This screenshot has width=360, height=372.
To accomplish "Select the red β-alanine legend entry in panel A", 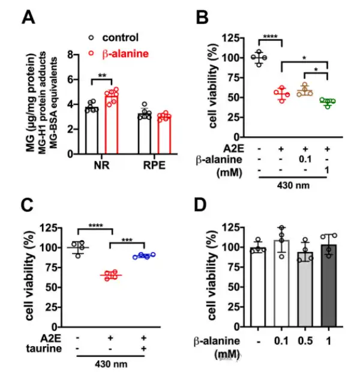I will pyautogui.click(x=119, y=54).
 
